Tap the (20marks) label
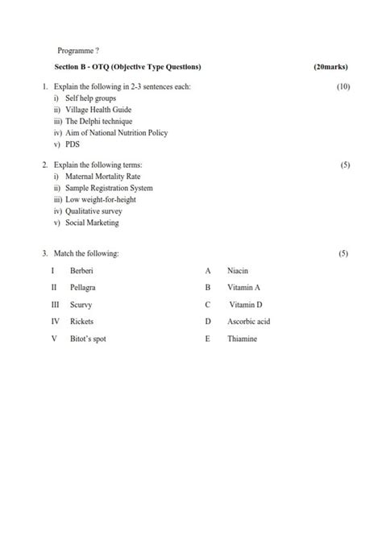point(331,66)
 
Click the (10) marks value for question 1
point(343,86)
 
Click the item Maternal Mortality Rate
point(103,176)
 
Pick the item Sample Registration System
point(109,188)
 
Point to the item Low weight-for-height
point(101,199)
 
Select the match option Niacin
point(238,271)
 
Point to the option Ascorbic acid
point(248,322)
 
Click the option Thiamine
point(242,339)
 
